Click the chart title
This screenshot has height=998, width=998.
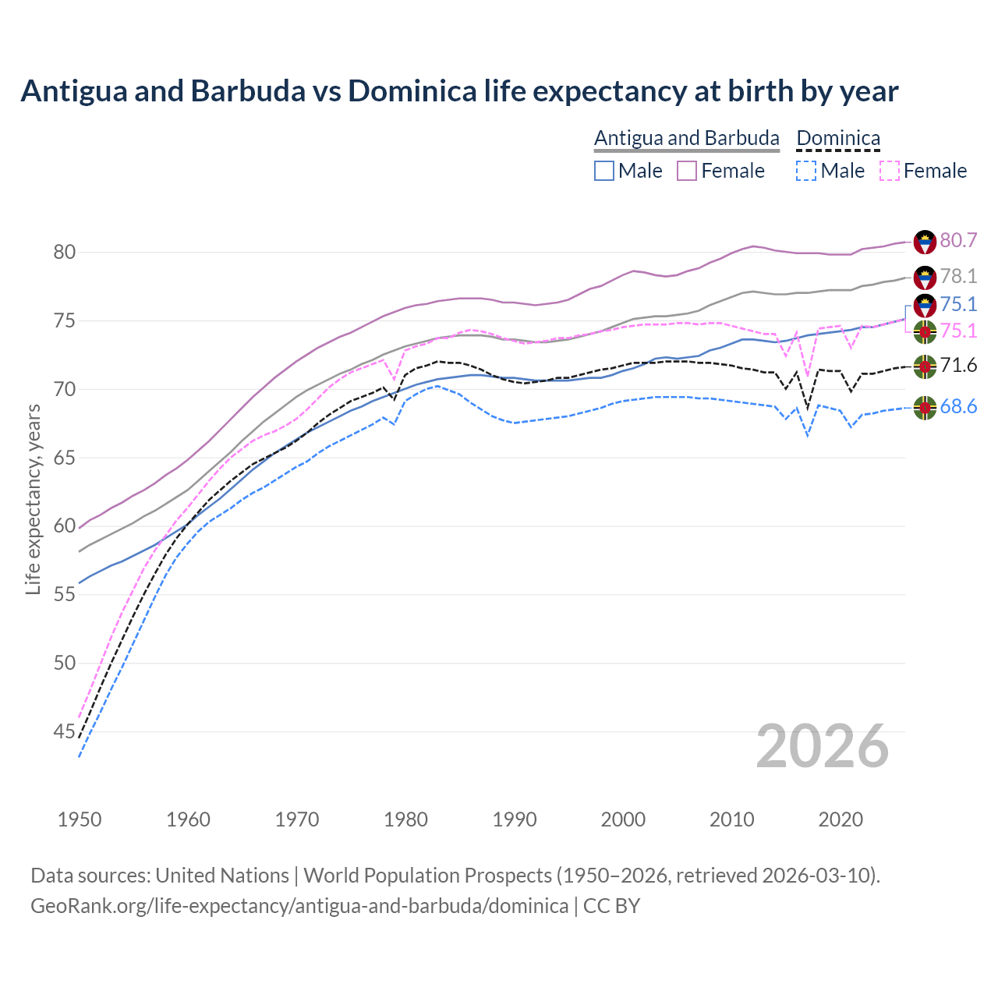coord(459,91)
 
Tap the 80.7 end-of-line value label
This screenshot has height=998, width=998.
coord(958,240)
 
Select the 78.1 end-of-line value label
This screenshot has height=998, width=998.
coord(958,276)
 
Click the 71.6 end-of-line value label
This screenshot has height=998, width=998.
coord(958,365)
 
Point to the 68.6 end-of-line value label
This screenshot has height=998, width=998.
coord(958,406)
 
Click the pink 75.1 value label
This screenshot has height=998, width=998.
coord(958,331)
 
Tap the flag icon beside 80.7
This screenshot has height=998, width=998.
coord(925,242)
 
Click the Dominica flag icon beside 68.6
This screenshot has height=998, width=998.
coord(925,407)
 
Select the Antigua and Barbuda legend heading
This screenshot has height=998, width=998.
coord(686,138)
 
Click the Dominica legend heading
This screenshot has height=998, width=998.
coord(838,138)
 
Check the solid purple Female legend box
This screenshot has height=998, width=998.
coord(687,171)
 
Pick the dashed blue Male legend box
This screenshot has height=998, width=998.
coord(806,171)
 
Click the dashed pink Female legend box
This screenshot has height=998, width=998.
coord(889,171)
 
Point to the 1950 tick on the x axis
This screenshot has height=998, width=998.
coord(80,819)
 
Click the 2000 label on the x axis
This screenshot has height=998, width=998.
coord(623,819)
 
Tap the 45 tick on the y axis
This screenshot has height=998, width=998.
coord(64,731)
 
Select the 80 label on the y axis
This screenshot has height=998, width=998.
coord(64,252)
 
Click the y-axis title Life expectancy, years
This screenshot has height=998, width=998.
coord(33,499)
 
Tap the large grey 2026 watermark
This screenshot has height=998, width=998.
coord(823,747)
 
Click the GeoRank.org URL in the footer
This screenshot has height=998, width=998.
coord(299,906)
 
